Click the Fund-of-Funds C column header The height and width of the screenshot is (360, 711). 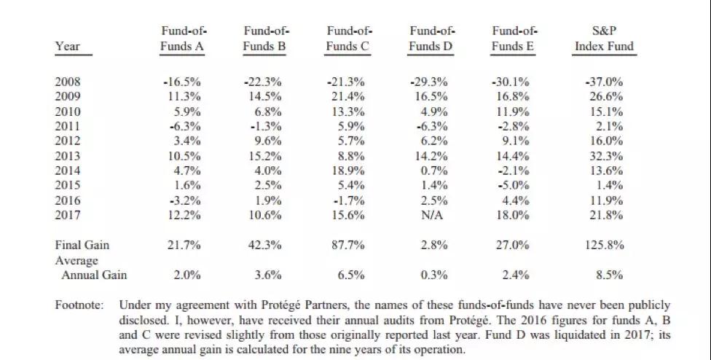(347, 39)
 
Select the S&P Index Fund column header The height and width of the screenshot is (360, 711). (604, 39)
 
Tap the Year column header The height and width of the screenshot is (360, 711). (68, 46)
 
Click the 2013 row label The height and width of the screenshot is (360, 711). (68, 156)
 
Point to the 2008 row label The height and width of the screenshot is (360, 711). (68, 82)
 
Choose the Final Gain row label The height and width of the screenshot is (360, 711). (82, 246)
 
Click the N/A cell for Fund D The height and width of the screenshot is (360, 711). (432, 216)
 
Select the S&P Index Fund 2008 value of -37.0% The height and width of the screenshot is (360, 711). (604, 82)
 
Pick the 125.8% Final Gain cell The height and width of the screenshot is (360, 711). (606, 246)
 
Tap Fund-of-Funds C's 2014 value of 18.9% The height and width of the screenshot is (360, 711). (348, 171)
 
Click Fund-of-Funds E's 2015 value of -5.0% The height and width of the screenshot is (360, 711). (510, 185)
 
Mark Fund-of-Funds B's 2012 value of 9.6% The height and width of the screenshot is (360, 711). (267, 141)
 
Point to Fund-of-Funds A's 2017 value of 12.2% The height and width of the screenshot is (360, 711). (184, 216)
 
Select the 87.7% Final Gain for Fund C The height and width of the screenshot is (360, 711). (348, 246)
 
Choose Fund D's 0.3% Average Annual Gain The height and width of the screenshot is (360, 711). (434, 275)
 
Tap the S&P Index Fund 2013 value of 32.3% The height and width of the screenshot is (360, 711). (606, 156)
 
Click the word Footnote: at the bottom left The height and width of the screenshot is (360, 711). (79, 305)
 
